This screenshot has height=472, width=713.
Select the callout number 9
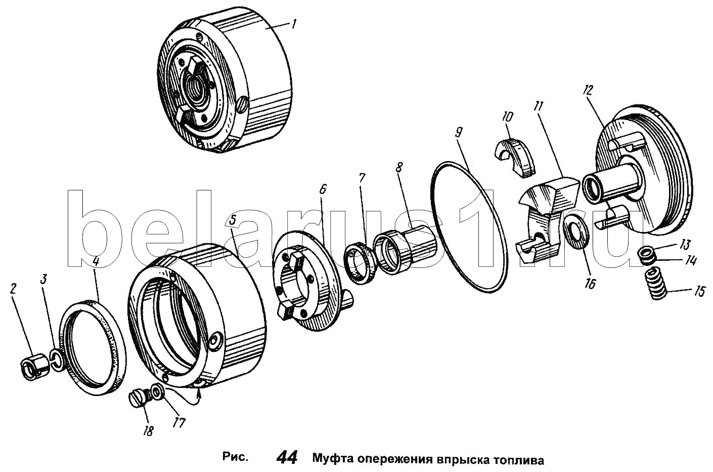pyautogui.click(x=458, y=133)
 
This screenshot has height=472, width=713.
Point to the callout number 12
pyautogui.click(x=587, y=90)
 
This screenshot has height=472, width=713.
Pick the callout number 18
pyautogui.click(x=148, y=430)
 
